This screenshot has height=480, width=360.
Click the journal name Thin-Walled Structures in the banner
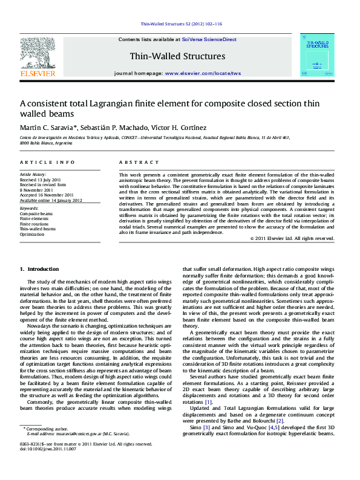(177, 56)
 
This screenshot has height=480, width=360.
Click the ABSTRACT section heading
(134, 163)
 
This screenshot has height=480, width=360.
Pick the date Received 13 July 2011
(41, 180)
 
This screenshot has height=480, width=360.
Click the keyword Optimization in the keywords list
(33, 234)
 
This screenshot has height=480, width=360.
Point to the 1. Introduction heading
(39, 269)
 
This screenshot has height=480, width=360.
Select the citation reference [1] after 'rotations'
(209, 402)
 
